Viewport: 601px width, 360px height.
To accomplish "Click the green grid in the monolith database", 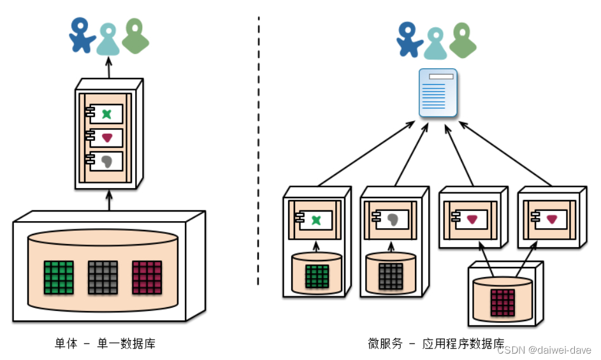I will (59, 277).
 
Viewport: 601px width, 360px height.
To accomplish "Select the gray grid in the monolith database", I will (103, 277).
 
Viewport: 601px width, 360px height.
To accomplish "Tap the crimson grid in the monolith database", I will (147, 277).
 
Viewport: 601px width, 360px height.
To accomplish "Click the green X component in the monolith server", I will (106, 114).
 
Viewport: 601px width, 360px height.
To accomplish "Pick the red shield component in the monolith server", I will (106, 138).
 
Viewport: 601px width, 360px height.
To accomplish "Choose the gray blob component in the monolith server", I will (106, 161).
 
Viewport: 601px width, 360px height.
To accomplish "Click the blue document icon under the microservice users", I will (438, 93).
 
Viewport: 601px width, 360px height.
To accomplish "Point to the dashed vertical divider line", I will (259, 153).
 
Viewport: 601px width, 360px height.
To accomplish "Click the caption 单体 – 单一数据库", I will (105, 344).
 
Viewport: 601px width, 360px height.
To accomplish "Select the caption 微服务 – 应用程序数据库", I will (436, 344).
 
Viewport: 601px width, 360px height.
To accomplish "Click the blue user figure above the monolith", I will (82, 36).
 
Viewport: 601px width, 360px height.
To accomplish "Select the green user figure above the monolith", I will (135, 36).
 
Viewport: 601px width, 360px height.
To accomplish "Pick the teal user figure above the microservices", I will (436, 43).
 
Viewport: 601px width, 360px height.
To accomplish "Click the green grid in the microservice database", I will (317, 278).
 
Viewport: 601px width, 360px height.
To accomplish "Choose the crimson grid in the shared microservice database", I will (503, 301).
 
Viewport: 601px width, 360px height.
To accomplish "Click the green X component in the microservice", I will (315, 220).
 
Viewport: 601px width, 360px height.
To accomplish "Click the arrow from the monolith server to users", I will (109, 67).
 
